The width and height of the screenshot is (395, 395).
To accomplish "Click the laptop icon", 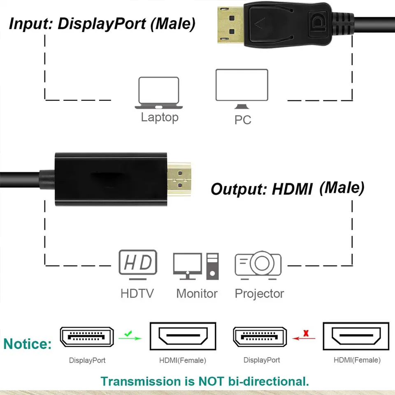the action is (159, 93).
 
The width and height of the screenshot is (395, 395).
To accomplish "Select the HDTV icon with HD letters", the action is (138, 265).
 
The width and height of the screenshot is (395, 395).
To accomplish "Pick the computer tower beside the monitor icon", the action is (212, 266).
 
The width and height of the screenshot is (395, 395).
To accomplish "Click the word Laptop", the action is (160, 118).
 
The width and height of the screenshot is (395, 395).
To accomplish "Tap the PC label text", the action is (243, 120).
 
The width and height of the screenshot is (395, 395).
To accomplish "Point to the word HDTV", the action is (137, 293).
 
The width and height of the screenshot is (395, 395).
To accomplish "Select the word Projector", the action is (259, 294).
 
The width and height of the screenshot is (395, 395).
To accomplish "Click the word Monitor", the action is (197, 293).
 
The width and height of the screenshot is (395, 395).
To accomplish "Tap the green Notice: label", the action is (28, 344).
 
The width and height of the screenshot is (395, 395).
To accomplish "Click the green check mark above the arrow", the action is (128, 334).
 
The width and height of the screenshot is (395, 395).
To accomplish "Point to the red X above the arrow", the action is (306, 333).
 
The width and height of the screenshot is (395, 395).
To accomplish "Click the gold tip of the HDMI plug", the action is (179, 179).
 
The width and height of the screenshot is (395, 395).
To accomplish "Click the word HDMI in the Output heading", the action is (292, 189).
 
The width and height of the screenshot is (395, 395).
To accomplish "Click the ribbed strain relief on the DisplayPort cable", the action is (342, 25).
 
